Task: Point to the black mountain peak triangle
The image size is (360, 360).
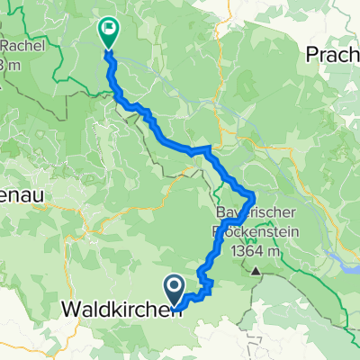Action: pyautogui.click(x=256, y=269)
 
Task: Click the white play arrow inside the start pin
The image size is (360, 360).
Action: pyautogui.click(x=175, y=287)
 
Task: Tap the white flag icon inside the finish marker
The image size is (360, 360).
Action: pyautogui.click(x=108, y=29)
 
